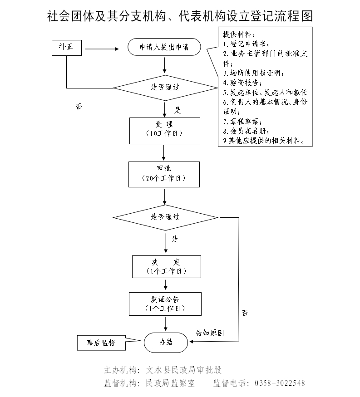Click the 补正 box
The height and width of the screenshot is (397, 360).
point(67,48)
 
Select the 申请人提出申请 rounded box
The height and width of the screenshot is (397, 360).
point(164,47)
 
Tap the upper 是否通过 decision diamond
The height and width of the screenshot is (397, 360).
point(165,88)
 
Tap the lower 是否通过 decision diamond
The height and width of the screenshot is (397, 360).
point(165,217)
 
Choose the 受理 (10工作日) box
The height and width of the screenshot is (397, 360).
point(164,130)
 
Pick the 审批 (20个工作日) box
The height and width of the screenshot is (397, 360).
point(164,174)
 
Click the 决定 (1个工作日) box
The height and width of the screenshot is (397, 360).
point(166,266)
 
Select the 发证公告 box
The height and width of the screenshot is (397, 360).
point(165,304)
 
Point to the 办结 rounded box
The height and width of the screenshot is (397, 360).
point(166,342)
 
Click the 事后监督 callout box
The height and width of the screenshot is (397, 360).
point(101,343)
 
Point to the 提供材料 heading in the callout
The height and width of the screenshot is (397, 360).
point(236,34)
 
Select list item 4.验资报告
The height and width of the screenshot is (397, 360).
point(242,83)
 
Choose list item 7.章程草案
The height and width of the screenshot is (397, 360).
point(242,121)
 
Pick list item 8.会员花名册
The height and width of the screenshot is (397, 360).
point(246,131)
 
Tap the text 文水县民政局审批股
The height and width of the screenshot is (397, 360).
point(183,370)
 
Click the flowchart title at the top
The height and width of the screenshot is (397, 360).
point(180,16)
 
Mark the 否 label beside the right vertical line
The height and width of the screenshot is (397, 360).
point(245,313)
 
